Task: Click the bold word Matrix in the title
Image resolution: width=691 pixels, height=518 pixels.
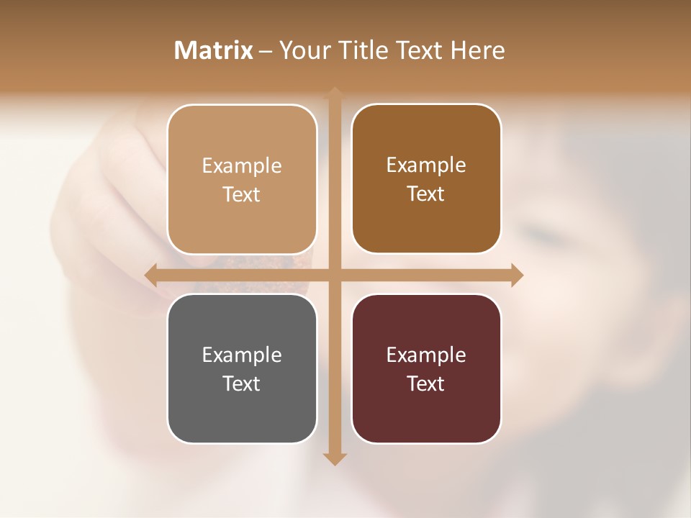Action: (x=214, y=50)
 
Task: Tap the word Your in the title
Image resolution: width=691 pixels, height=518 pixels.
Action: (x=302, y=50)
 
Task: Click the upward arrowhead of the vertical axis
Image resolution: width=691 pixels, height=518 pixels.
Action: (x=335, y=93)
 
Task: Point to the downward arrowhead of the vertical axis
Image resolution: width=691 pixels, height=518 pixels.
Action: (x=335, y=459)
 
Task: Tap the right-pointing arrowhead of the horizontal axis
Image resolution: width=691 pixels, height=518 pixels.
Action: (x=517, y=275)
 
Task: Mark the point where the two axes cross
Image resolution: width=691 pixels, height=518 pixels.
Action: (x=335, y=275)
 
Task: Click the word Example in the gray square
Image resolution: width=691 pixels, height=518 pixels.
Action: (x=242, y=355)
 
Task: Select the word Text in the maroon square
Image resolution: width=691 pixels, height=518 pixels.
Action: (x=426, y=383)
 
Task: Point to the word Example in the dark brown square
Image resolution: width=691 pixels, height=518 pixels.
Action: (x=426, y=165)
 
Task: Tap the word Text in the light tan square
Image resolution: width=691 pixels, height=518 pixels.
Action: (x=242, y=194)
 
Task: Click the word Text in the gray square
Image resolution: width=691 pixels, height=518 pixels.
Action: (x=242, y=383)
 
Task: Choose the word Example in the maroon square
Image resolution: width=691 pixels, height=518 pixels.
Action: (x=426, y=355)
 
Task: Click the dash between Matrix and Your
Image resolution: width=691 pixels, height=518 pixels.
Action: (x=266, y=51)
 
